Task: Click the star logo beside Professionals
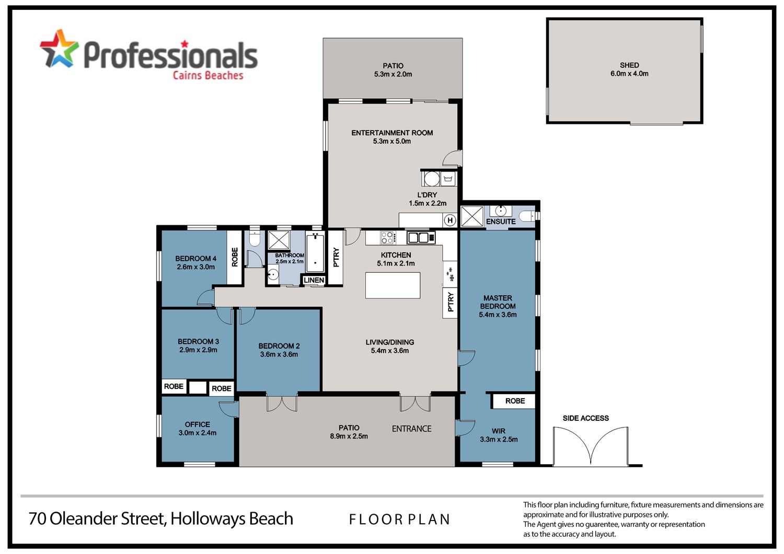tap(59, 49)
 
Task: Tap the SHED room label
tap(629, 65)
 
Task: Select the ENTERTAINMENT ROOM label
tap(392, 133)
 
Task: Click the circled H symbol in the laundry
tap(450, 221)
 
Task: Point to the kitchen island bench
tap(393, 285)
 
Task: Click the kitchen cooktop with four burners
tap(387, 238)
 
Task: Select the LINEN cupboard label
tap(314, 280)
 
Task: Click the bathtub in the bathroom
tap(315, 252)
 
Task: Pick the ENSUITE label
tap(501, 222)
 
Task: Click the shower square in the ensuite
tap(472, 216)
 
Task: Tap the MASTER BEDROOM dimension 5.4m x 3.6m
tap(498, 315)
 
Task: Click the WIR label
tap(499, 431)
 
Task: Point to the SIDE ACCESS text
tap(585, 418)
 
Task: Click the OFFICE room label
tap(198, 424)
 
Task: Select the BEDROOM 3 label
tap(198, 342)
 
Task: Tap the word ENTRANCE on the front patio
tap(411, 429)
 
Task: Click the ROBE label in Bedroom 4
tap(235, 257)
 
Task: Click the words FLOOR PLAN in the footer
tap(399, 520)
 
